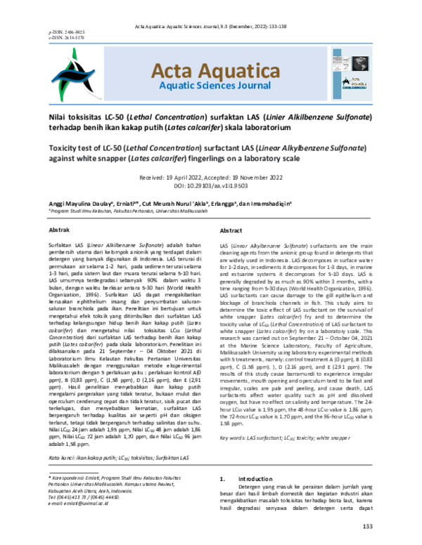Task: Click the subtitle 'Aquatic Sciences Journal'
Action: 208,87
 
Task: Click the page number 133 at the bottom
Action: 366,527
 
